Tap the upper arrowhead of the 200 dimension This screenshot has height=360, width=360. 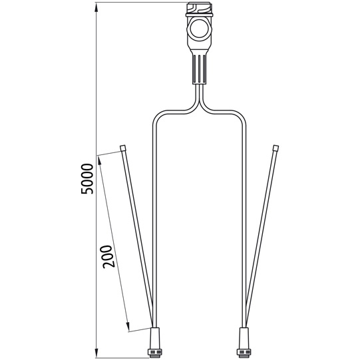pyautogui.click(x=99, y=159)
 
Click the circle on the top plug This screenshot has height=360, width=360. pyautogui.click(x=198, y=28)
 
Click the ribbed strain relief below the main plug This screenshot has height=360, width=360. pyautogui.click(x=199, y=67)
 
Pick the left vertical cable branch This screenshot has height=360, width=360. pyautogui.click(x=155, y=220)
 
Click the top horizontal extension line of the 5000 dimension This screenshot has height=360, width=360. pyautogui.click(x=140, y=3)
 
